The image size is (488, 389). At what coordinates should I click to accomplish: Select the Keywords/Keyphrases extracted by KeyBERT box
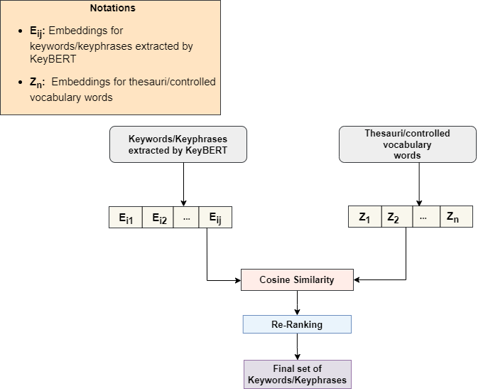pyautogui.click(x=178, y=144)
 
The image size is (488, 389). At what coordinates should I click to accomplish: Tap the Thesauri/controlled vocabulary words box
pyautogui.click(x=407, y=144)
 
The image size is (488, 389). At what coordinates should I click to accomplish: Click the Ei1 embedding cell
pyautogui.click(x=125, y=218)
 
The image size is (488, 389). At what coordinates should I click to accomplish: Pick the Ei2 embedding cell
pyautogui.click(x=158, y=218)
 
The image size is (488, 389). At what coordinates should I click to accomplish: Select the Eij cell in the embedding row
pyautogui.click(x=215, y=218)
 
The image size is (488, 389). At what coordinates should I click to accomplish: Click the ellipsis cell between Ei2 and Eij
pyautogui.click(x=186, y=218)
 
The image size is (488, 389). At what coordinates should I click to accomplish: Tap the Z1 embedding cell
pyautogui.click(x=364, y=218)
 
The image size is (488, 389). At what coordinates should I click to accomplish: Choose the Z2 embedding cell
pyautogui.click(x=396, y=218)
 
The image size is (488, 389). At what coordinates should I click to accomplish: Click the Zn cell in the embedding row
pyautogui.click(x=455, y=218)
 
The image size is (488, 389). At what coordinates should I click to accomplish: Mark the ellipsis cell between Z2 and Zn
pyautogui.click(x=425, y=218)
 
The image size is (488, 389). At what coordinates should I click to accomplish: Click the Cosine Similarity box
pyautogui.click(x=297, y=279)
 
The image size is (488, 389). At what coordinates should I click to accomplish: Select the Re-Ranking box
pyautogui.click(x=297, y=324)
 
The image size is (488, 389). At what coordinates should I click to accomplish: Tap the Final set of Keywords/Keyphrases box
pyautogui.click(x=297, y=374)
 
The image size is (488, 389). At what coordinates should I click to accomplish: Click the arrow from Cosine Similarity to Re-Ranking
pyautogui.click(x=297, y=302)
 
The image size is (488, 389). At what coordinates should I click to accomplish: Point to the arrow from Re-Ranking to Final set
pyautogui.click(x=297, y=346)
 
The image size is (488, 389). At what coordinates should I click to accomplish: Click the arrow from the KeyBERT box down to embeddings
pyautogui.click(x=183, y=184)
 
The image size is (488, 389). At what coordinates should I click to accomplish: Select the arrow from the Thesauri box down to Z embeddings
pyautogui.click(x=418, y=184)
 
